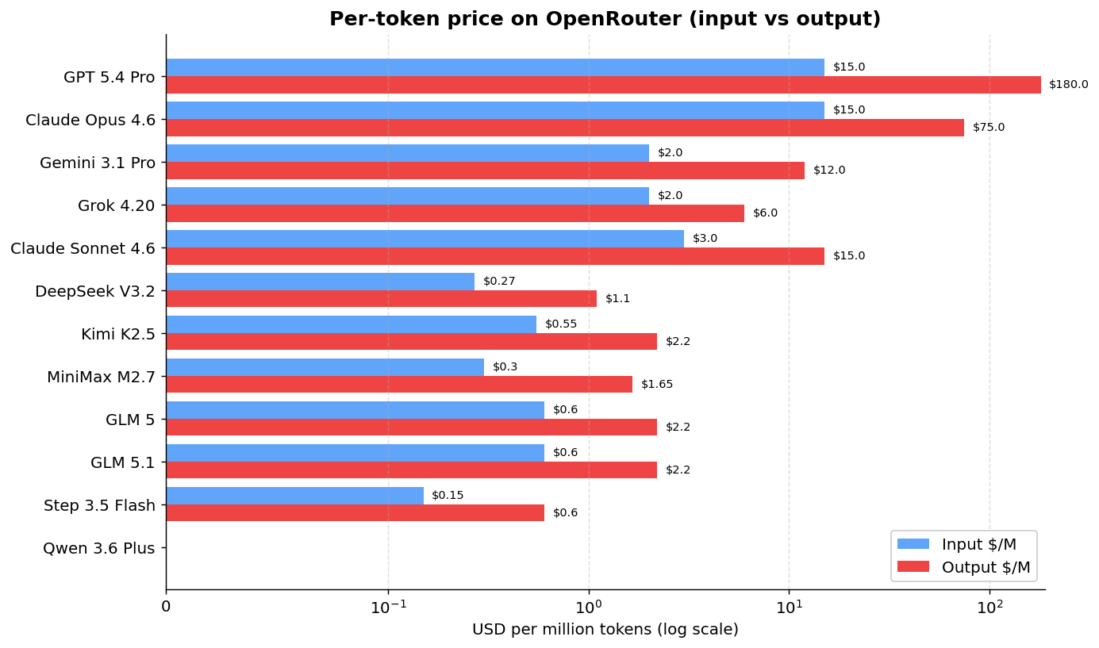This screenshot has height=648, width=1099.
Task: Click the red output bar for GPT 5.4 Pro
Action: tap(603, 85)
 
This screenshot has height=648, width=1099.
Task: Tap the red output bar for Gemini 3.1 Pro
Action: tap(485, 171)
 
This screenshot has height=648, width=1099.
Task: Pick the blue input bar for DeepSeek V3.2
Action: tap(320, 282)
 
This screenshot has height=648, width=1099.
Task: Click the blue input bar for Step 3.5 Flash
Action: tap(294, 496)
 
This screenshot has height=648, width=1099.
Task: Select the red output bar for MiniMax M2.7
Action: tap(399, 385)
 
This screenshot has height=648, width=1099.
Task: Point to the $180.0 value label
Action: tap(1068, 85)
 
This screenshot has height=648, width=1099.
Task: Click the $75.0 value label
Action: tap(989, 128)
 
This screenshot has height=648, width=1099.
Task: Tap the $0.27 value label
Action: tap(499, 282)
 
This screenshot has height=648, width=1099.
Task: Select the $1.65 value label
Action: tap(657, 385)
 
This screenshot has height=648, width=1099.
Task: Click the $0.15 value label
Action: tap(448, 496)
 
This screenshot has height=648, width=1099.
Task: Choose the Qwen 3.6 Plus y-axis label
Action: tap(99, 548)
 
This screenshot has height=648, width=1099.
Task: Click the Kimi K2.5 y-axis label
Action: tap(118, 335)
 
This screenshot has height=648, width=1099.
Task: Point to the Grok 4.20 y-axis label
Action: tap(117, 206)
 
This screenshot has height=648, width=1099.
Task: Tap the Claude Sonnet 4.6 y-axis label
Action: tap(83, 249)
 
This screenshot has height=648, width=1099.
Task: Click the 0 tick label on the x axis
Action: tap(166, 608)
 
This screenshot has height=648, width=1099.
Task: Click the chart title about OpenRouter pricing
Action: tap(605, 19)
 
